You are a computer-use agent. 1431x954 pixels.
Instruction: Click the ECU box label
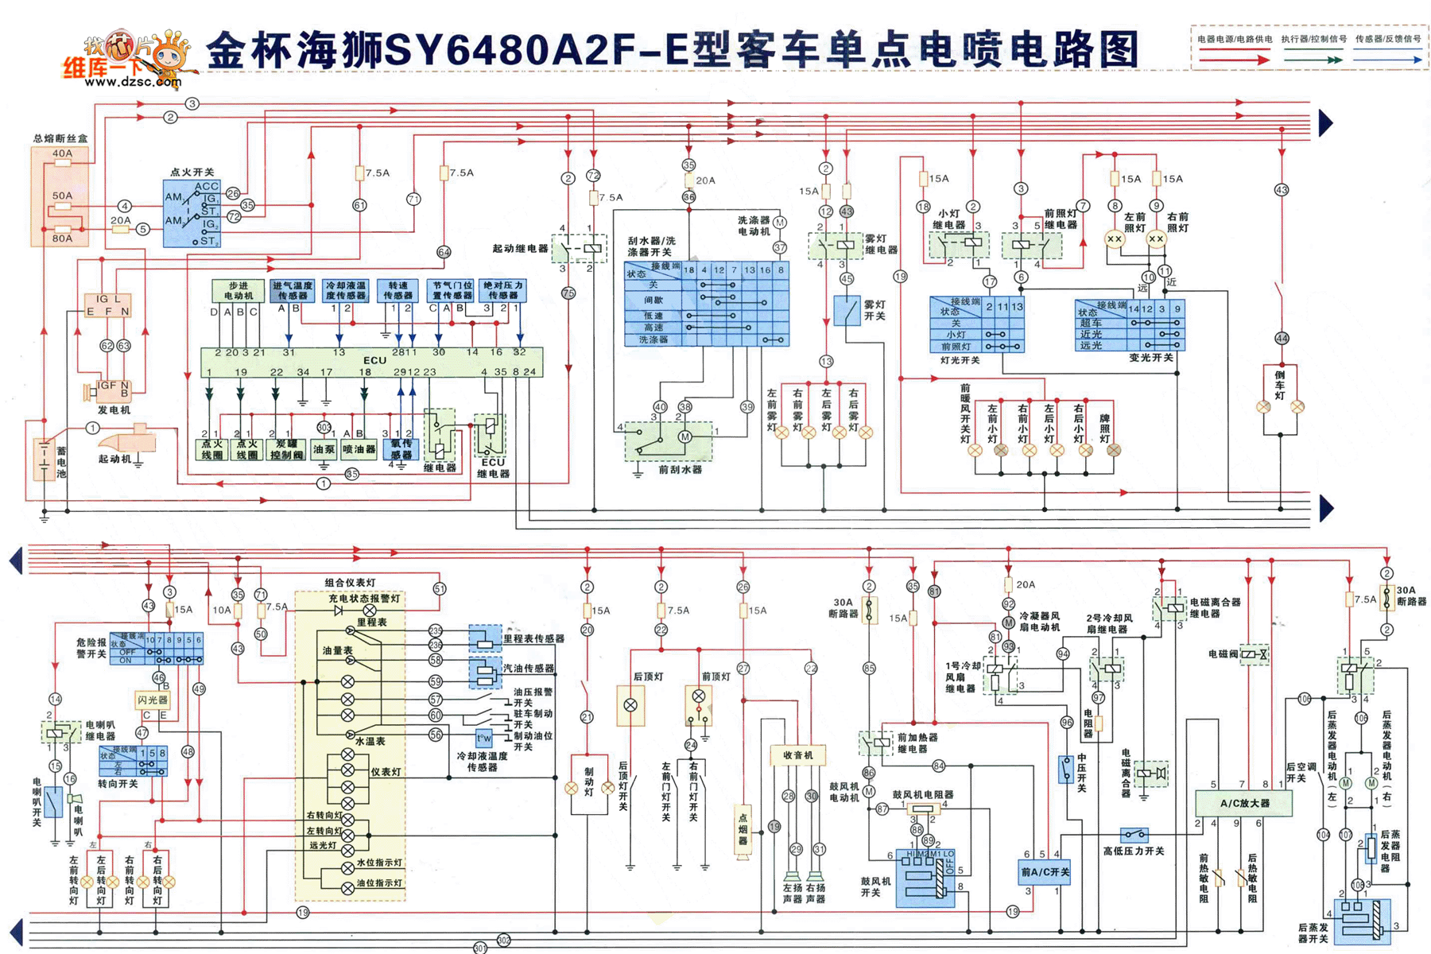(374, 360)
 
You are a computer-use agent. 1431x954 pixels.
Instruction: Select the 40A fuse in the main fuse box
(62, 162)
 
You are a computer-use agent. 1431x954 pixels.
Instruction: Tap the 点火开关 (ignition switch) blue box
(191, 214)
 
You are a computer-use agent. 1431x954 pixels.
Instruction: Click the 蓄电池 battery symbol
(45, 460)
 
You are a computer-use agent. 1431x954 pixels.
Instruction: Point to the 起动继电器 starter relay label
(520, 249)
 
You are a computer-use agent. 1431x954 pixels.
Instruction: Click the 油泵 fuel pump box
(324, 449)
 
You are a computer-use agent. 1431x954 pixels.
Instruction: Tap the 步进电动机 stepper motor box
(238, 290)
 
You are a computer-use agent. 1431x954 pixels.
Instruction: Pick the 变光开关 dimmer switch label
(1150, 358)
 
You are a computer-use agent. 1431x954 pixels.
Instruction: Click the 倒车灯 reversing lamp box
(1280, 385)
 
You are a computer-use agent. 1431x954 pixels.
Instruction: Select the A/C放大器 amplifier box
(1244, 803)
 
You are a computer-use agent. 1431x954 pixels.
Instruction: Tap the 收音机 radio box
(797, 754)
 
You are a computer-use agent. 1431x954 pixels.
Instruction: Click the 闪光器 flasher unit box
(153, 700)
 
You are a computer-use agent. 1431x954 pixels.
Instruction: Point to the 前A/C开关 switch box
(1044, 872)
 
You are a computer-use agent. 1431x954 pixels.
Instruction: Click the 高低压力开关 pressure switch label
(1133, 851)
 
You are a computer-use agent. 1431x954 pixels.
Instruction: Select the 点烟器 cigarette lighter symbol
(743, 831)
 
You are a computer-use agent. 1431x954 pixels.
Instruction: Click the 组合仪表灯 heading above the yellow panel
(350, 583)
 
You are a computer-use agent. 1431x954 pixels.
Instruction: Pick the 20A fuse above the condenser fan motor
(1008, 585)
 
